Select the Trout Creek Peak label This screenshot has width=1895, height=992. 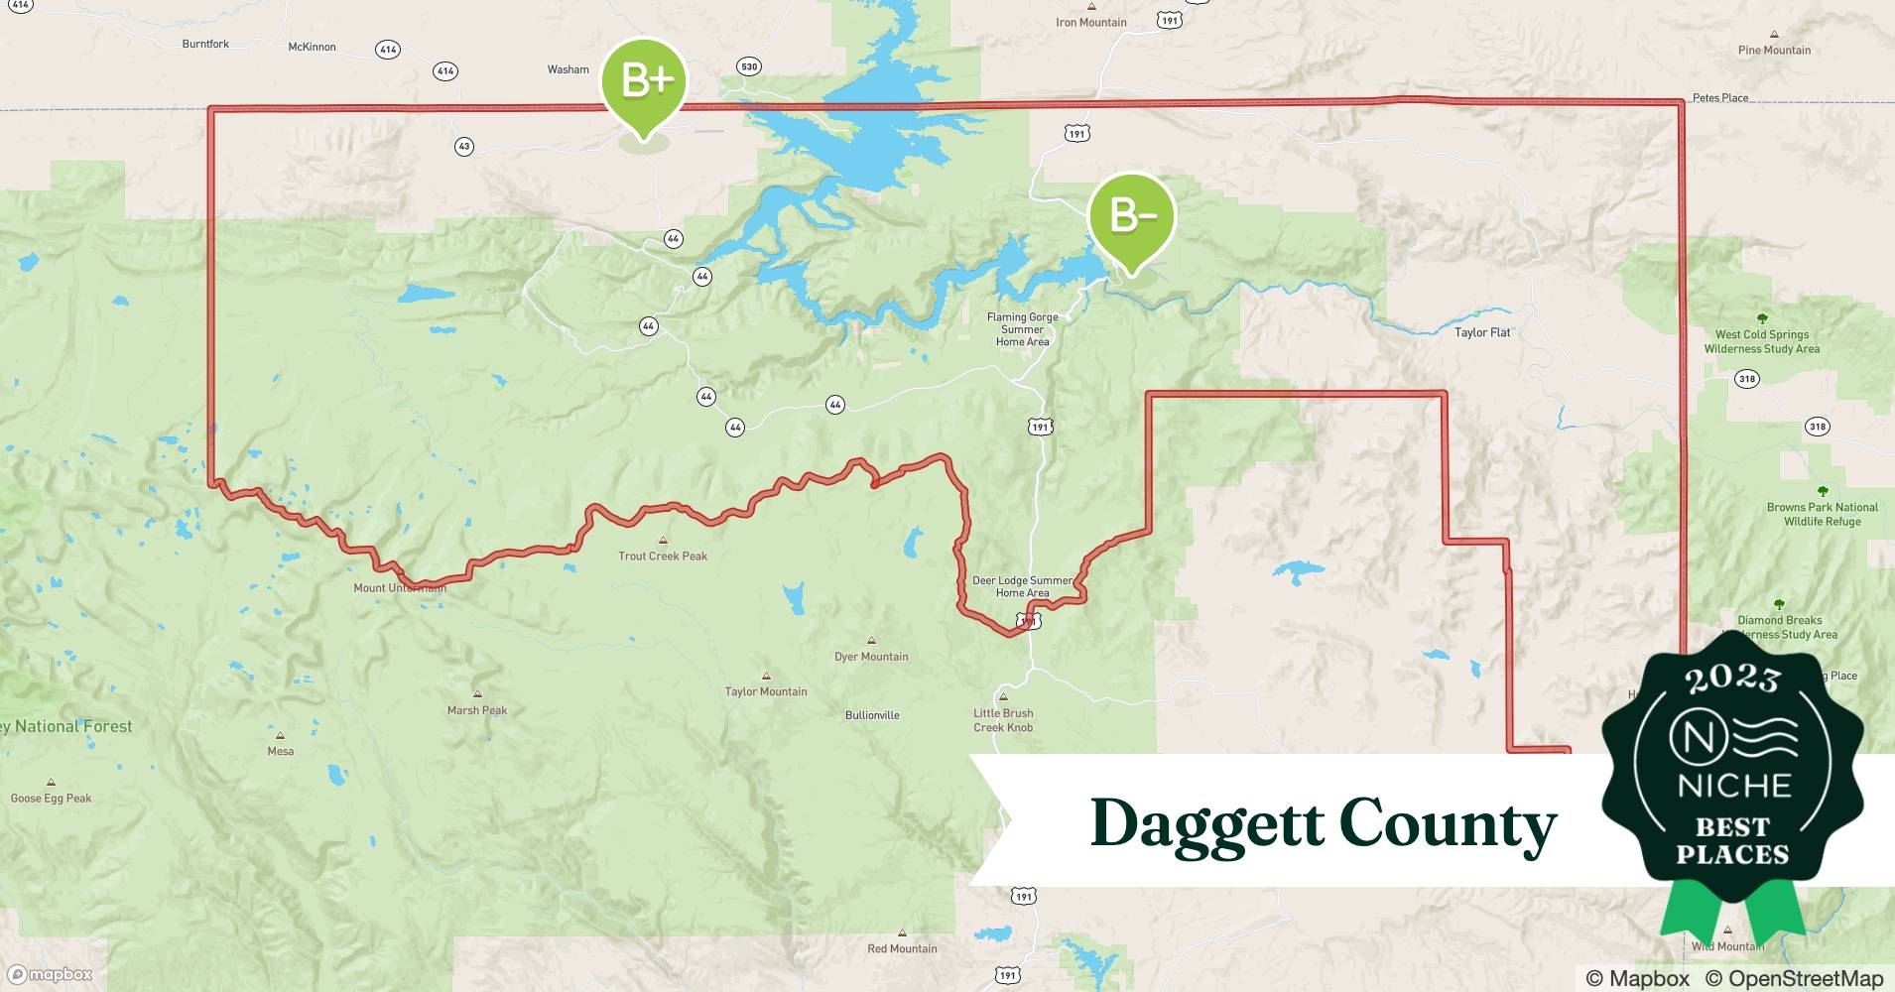(663, 556)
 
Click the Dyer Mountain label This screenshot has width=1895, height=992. (871, 656)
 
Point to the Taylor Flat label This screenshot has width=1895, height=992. (1482, 332)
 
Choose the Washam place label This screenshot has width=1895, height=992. (568, 69)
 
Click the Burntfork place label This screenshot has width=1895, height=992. (205, 44)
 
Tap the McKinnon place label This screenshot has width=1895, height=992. (312, 47)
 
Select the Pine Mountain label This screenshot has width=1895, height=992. (1774, 50)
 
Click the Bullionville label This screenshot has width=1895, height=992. (872, 714)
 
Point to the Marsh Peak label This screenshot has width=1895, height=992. (477, 709)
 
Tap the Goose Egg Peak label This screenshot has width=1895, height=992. (51, 798)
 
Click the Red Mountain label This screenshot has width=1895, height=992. (902, 948)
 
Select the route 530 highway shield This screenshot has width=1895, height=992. (749, 66)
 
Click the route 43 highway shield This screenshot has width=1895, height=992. (463, 147)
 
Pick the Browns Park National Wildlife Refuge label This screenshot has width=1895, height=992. (1822, 514)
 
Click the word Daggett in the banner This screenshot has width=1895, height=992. (1206, 824)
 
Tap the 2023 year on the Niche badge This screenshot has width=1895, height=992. (1732, 678)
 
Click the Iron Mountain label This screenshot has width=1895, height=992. (1090, 22)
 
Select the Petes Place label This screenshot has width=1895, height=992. (1720, 97)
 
